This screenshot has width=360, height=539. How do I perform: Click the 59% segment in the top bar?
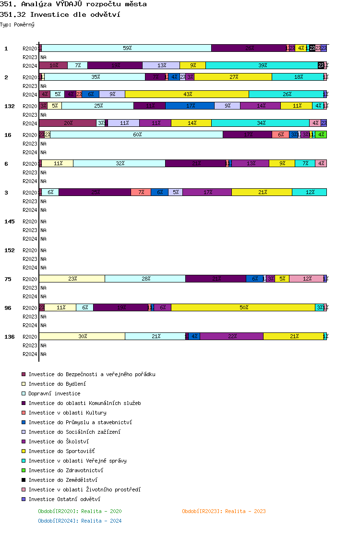tap(127, 48)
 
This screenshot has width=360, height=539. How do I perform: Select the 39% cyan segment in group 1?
tap(262, 65)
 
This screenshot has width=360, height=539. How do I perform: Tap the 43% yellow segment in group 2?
tap(187, 94)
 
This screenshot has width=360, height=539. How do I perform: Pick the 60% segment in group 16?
tap(137, 135)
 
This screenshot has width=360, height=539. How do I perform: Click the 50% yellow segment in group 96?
tap(243, 307)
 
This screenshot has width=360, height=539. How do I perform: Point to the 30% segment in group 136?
tap(82, 336)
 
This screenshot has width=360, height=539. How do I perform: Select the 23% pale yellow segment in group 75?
tap(72, 279)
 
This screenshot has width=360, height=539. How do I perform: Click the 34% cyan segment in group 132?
tap(261, 123)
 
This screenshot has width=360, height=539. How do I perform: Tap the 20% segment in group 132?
tap(68, 123)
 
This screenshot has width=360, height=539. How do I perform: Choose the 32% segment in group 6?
tap(120, 163)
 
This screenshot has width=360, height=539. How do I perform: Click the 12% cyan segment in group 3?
tap(310, 192)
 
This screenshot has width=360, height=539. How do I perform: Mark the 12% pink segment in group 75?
tap(307, 279)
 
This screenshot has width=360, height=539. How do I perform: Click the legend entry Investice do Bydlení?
tap(51, 384)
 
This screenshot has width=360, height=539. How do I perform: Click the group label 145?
tap(10, 221)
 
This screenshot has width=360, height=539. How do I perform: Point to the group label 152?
tap(10, 250)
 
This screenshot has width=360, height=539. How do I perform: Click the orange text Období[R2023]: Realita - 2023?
tap(224, 511)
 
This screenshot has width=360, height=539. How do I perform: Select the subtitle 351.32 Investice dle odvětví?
tap(60, 14)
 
